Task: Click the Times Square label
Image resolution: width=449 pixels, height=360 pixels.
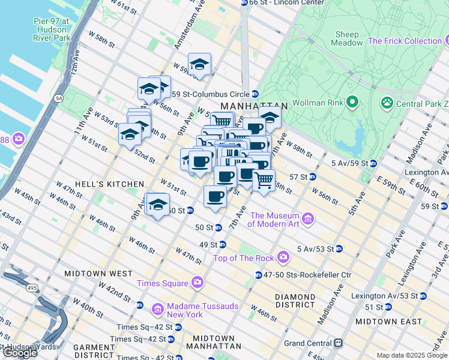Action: point(161,283)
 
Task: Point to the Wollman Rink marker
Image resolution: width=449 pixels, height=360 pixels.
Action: point(352,103)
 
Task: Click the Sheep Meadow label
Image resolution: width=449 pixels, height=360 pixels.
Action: point(347,39)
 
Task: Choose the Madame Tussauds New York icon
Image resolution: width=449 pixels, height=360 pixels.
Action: point(158,310)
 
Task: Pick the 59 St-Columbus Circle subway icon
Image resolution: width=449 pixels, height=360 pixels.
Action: point(255,94)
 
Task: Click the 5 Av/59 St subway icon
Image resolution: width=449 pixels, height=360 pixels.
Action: point(373,163)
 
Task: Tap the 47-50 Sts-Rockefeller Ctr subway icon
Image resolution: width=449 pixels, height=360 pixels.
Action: point(258,275)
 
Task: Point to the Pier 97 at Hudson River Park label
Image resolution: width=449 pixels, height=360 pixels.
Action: point(52,29)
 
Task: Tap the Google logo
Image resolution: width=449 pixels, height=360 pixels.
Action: point(20,352)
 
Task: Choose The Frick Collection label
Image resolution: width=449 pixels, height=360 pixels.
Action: point(405,41)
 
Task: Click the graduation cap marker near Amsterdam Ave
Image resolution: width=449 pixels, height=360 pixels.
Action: point(199,64)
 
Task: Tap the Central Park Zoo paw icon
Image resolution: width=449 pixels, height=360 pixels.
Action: point(387,103)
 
